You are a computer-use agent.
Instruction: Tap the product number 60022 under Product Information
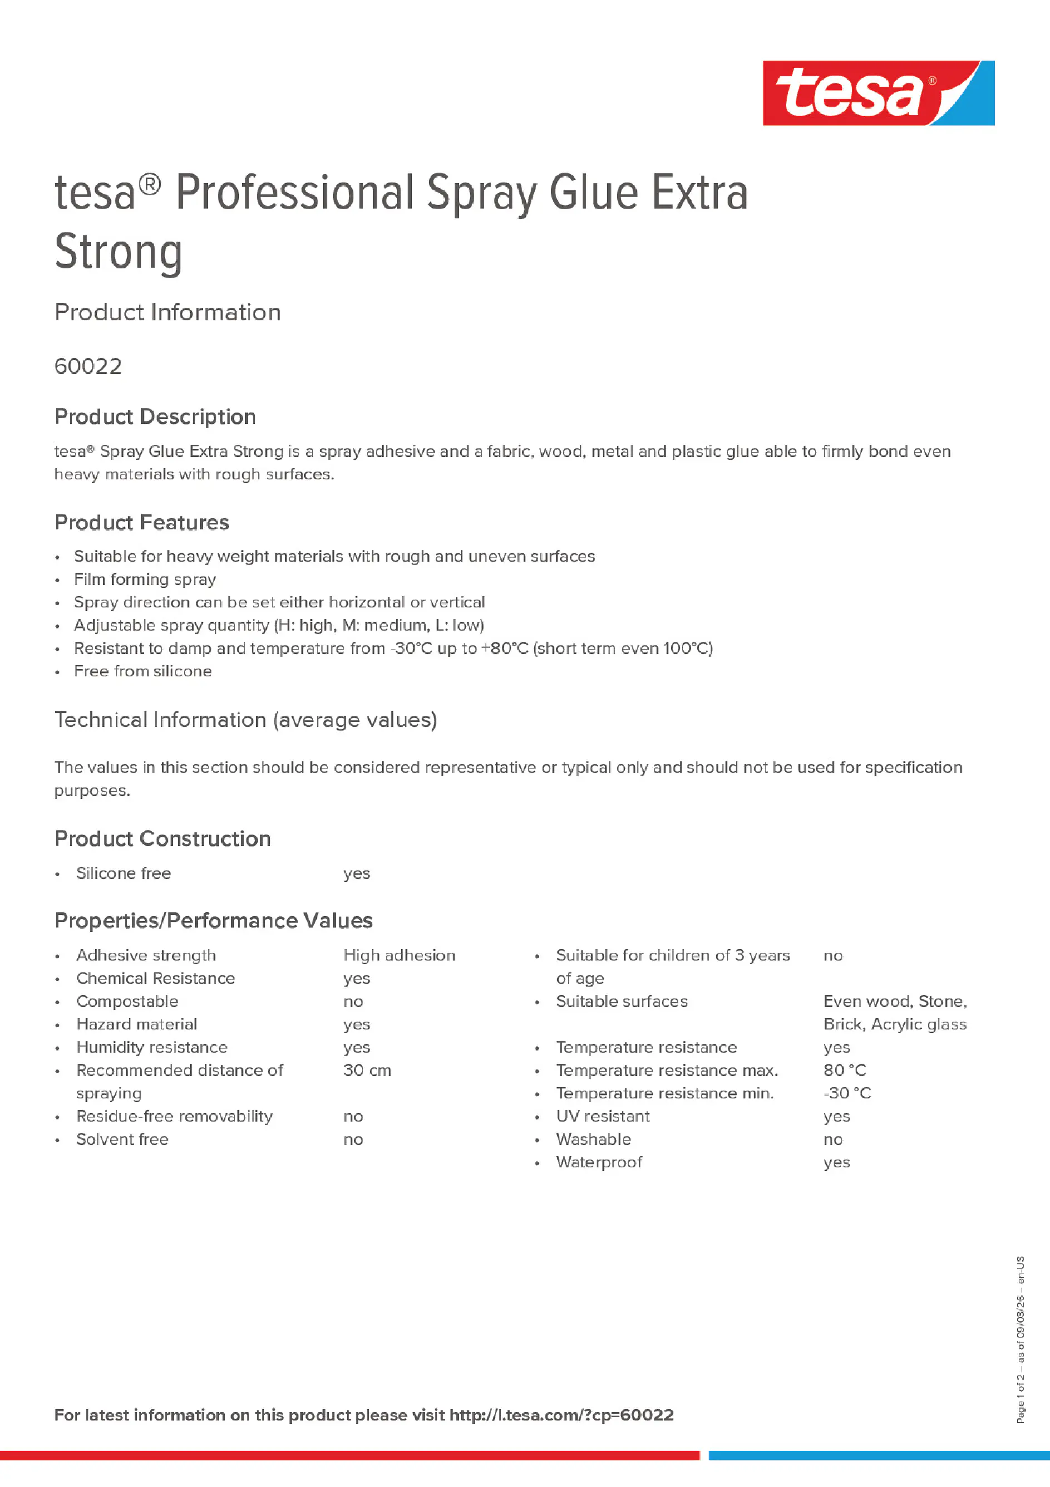coord(88,366)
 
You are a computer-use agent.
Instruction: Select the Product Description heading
coord(155,416)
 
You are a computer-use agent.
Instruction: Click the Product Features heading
coord(141,523)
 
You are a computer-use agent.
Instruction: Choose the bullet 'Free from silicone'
coord(142,671)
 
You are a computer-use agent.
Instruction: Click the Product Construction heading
coord(162,839)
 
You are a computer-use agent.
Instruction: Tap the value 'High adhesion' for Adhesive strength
coord(399,955)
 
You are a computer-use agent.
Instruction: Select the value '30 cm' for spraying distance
coord(367,1070)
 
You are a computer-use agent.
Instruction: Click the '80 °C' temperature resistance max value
coord(844,1070)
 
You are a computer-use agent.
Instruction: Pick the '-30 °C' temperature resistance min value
coord(847,1093)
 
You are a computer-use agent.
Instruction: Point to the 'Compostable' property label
coord(127,1002)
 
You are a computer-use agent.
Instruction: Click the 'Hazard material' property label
coord(136,1024)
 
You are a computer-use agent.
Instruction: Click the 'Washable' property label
coord(593,1139)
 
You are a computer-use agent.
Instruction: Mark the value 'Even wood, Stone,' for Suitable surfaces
coord(895,1002)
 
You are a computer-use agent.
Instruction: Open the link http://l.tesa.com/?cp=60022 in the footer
coord(561,1415)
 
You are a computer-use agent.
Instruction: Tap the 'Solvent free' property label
coord(122,1139)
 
